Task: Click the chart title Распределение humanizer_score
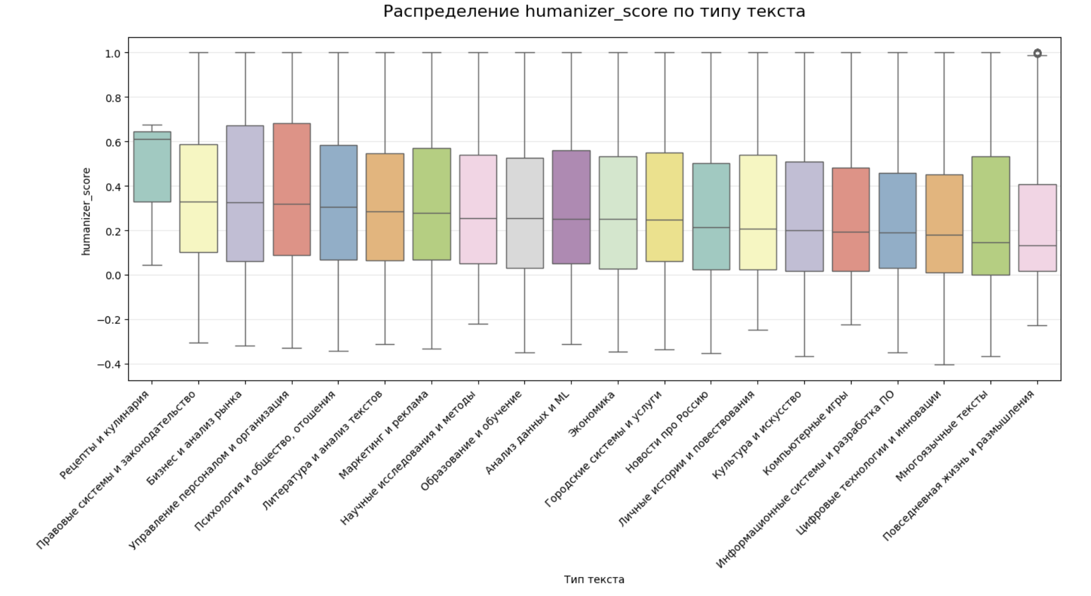click(x=594, y=11)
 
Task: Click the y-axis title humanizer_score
click(x=86, y=212)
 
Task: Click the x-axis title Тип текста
click(x=594, y=579)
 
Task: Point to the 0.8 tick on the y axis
click(x=113, y=98)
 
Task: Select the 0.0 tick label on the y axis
click(x=113, y=275)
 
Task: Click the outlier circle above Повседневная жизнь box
click(x=1037, y=53)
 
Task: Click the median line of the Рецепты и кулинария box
click(x=152, y=139)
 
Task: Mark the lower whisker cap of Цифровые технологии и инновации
click(x=944, y=364)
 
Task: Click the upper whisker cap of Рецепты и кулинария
click(x=152, y=125)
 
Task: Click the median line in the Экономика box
click(x=618, y=219)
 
